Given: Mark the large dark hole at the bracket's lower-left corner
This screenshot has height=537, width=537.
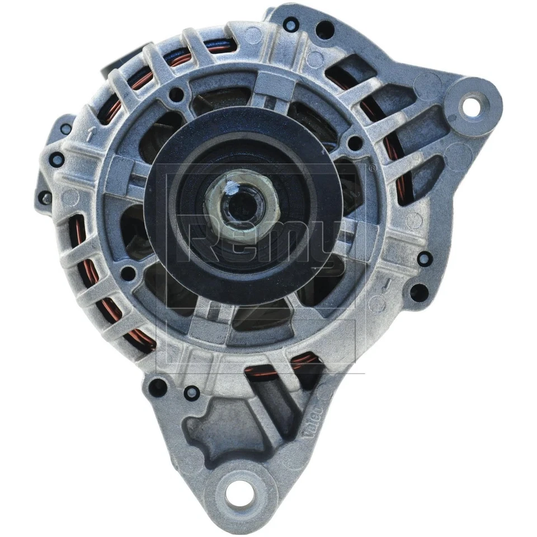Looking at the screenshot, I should [x=159, y=387].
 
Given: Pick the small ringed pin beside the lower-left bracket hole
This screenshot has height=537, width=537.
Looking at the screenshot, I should [x=191, y=392].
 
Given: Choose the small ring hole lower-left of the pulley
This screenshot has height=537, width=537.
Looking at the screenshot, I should [x=129, y=274].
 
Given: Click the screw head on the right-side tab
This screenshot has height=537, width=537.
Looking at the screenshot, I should [x=425, y=259].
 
